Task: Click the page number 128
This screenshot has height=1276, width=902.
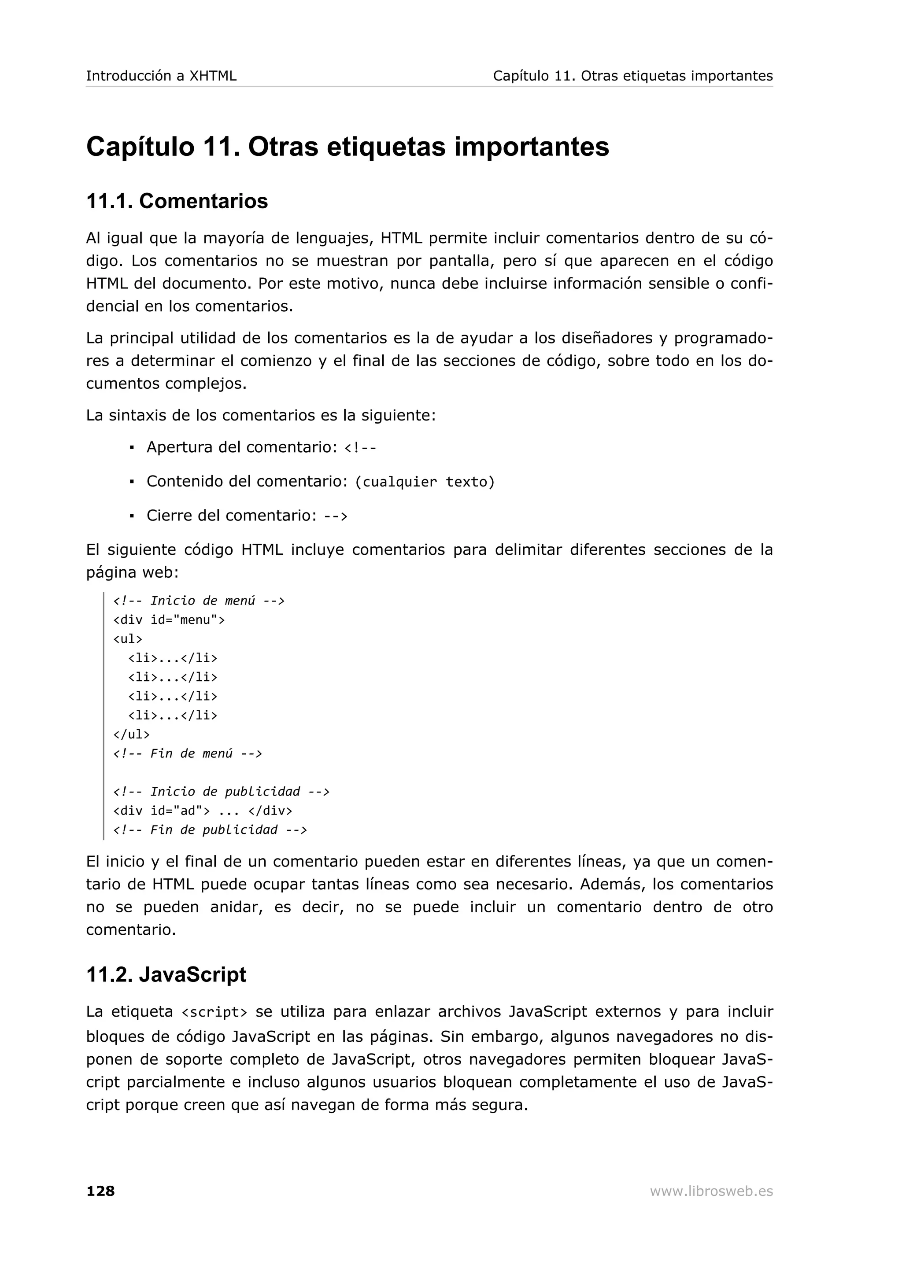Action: [100, 1191]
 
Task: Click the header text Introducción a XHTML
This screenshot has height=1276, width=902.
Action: [161, 76]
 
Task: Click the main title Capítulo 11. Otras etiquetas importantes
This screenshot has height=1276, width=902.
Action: [347, 147]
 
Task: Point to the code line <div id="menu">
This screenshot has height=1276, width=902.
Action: [169, 620]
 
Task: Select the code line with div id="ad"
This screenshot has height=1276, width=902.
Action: [203, 811]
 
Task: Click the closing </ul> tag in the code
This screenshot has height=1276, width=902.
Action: [131, 734]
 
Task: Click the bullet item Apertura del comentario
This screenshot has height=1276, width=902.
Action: [261, 447]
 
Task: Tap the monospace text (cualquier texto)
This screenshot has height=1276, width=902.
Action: [425, 482]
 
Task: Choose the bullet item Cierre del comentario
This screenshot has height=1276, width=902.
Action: [247, 516]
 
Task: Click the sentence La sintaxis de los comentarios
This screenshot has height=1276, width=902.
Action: [261, 415]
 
